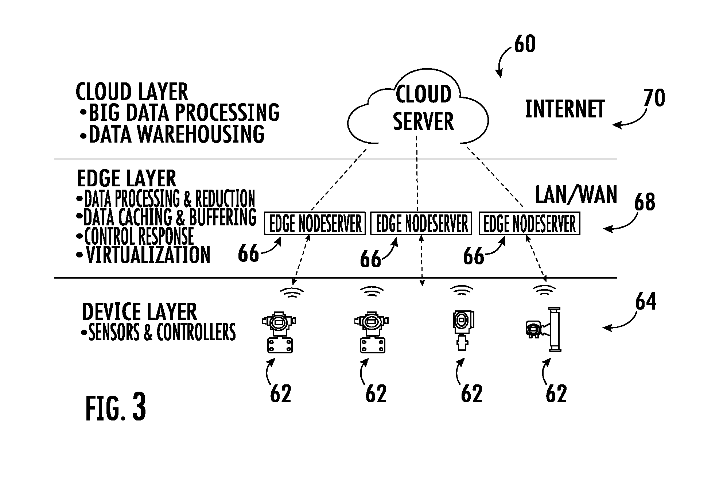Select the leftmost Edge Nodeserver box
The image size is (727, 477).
[315, 223]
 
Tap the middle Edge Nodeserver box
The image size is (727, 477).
[421, 223]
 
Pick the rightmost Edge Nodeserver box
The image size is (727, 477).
[529, 223]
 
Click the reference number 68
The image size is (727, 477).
[645, 202]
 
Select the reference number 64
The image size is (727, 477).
[645, 301]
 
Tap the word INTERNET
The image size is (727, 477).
[565, 109]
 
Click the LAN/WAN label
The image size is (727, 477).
[576, 194]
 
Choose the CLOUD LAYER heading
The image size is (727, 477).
[132, 91]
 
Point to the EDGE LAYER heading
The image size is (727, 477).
[127, 178]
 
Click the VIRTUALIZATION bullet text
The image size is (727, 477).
[143, 255]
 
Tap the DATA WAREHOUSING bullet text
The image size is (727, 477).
[172, 134]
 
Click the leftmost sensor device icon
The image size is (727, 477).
[279, 331]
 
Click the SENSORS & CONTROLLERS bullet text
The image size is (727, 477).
[158, 332]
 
